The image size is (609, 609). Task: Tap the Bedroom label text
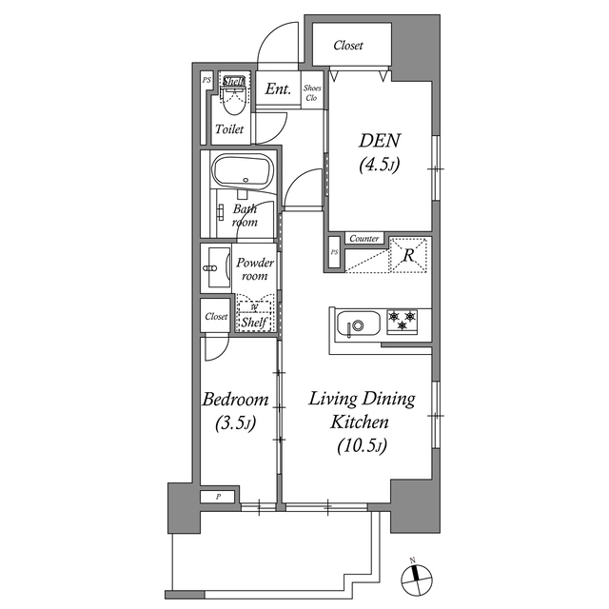point(235,400)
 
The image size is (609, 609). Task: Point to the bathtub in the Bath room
point(244,173)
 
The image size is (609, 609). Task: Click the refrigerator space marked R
point(406,254)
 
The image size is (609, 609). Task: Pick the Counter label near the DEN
point(363,239)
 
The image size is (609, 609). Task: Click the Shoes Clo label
point(312,92)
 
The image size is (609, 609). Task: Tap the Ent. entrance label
point(278,90)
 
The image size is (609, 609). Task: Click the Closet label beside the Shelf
point(215,317)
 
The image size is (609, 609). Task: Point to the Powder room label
point(255,269)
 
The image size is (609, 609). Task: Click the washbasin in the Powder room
point(213,270)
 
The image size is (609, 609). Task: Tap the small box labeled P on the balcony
point(218,497)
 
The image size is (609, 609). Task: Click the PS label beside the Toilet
point(206,81)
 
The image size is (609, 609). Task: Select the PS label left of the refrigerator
point(334,253)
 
